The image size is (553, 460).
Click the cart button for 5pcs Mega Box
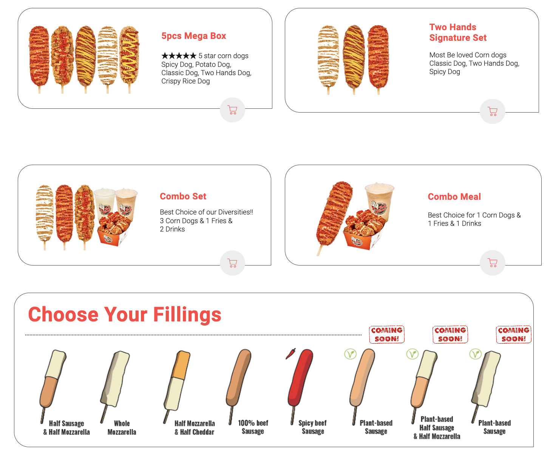coord(232,110)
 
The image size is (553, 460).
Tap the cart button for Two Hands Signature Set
coord(492,111)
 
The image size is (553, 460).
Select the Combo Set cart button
coord(232,263)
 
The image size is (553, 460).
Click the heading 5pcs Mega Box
coord(193,36)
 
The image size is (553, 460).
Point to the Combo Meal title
coord(454,196)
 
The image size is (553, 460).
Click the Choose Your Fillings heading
coord(125,314)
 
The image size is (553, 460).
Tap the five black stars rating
coord(179,56)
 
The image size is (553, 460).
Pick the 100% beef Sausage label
coord(253,427)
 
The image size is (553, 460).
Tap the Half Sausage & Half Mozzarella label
coord(66,428)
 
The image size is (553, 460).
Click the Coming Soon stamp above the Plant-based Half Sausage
coord(450,334)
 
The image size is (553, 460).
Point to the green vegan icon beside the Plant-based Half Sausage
coord(412,354)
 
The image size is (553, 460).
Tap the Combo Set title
coord(183,196)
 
